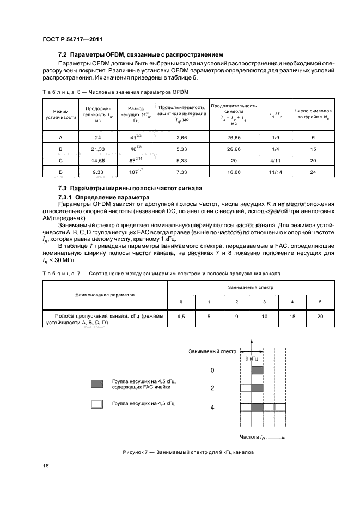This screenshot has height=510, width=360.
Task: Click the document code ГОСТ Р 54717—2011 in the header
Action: pyautogui.click(x=72, y=40)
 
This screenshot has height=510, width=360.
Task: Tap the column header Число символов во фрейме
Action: pyautogui.click(x=313, y=114)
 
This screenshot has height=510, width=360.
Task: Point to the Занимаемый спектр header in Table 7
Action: pyautogui.click(x=251, y=286)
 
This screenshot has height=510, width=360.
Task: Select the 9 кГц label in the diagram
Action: pyautogui.click(x=252, y=360)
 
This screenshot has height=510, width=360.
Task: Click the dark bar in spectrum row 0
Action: pyautogui.click(x=258, y=371)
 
